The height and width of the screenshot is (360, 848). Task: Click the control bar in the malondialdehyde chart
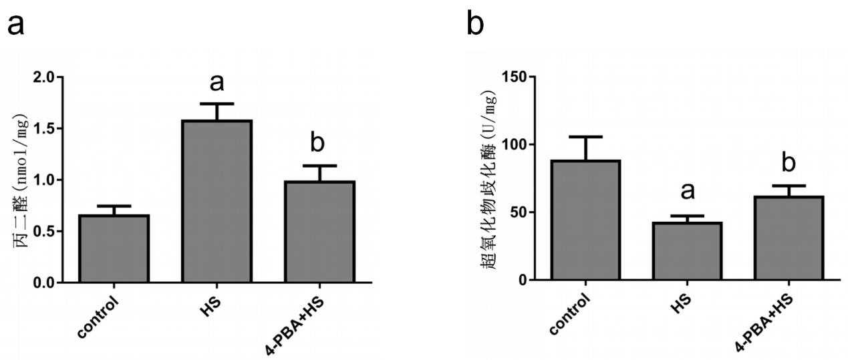click(113, 248)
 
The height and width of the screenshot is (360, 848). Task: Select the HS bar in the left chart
click(217, 201)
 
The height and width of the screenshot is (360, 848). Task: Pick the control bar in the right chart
click(585, 220)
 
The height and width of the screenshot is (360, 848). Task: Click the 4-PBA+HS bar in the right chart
click(789, 237)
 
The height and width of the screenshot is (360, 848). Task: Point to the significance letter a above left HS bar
click(217, 82)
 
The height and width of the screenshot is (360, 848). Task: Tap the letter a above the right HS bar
click(688, 192)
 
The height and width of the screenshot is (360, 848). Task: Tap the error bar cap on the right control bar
click(585, 137)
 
